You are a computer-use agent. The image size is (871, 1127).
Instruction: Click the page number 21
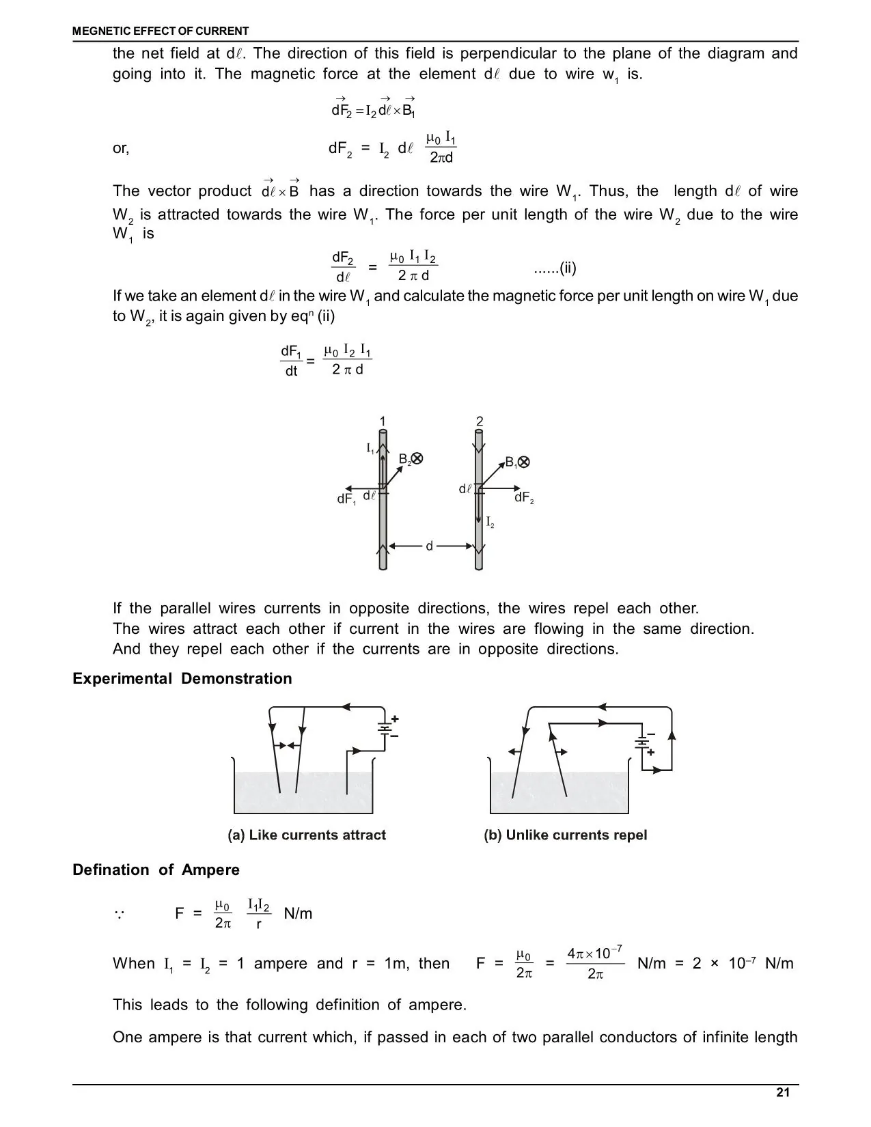pyautogui.click(x=783, y=1092)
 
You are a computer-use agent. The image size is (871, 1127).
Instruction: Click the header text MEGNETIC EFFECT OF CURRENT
pyautogui.click(x=161, y=31)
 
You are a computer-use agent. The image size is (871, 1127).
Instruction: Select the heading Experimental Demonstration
pyautogui.click(x=182, y=678)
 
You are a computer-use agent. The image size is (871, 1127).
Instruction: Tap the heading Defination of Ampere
pyautogui.click(x=156, y=869)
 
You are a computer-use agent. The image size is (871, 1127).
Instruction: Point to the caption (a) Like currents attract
pyautogui.click(x=307, y=835)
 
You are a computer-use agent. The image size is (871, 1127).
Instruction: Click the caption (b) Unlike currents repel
pyautogui.click(x=565, y=835)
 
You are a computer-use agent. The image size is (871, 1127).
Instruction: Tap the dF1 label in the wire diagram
pyautogui.click(x=346, y=499)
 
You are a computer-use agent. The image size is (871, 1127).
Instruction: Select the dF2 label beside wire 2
pyautogui.click(x=523, y=498)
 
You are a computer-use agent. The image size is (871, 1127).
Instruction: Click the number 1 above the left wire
pyautogui.click(x=383, y=421)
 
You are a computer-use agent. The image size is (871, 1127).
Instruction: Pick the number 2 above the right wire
pyautogui.click(x=480, y=421)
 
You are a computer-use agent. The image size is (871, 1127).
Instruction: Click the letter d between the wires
pyautogui.click(x=430, y=546)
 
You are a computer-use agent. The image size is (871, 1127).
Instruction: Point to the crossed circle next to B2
pyautogui.click(x=417, y=459)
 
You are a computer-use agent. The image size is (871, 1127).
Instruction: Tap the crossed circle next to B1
pyautogui.click(x=524, y=462)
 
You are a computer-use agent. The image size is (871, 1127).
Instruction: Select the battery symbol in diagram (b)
pyautogui.click(x=642, y=742)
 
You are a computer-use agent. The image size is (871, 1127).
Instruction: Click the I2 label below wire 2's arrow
pyautogui.click(x=490, y=524)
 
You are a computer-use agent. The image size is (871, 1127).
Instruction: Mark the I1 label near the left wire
pyautogui.click(x=370, y=448)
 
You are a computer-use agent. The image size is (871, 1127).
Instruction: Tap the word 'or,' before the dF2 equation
pyautogui.click(x=121, y=148)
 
